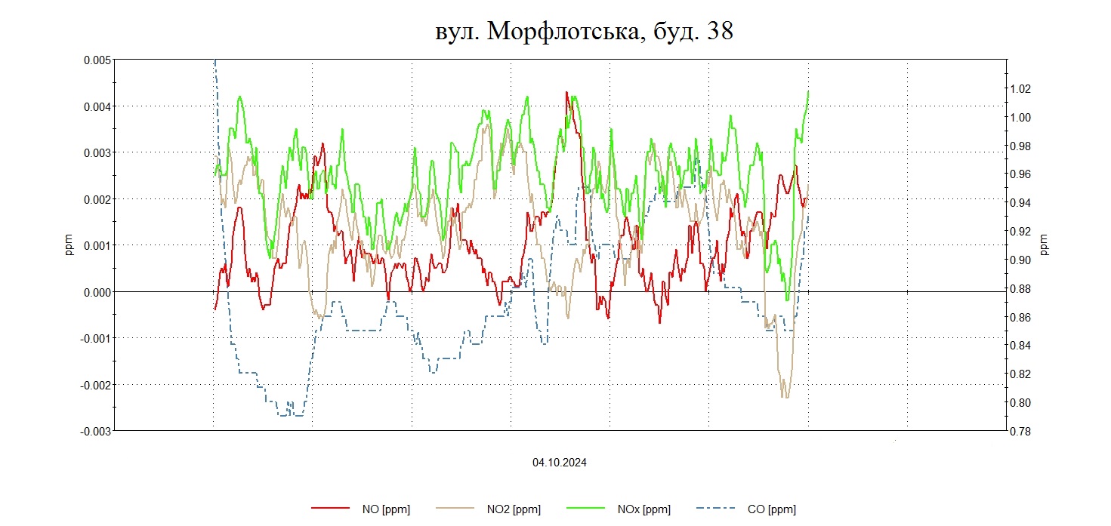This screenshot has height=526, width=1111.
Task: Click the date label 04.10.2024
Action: (x=560, y=463)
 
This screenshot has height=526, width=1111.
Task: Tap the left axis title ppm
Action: (x=69, y=245)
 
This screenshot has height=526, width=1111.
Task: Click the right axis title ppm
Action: (x=1045, y=245)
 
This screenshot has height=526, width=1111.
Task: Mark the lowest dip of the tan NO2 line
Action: (x=785, y=397)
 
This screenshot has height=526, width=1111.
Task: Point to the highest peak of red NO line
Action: (x=566, y=92)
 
